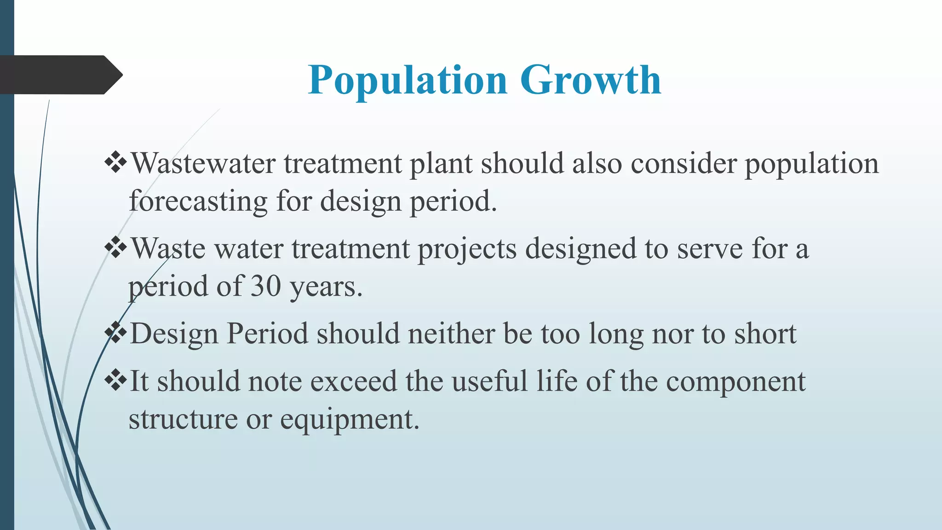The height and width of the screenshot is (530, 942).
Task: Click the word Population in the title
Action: (x=408, y=80)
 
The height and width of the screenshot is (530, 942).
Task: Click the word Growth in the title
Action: (x=591, y=80)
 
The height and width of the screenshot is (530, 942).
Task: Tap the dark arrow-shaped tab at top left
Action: (x=60, y=75)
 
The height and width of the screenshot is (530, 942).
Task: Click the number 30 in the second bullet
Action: (x=265, y=286)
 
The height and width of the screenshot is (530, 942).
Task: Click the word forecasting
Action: (x=198, y=202)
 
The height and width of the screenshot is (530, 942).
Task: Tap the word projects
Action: (x=467, y=249)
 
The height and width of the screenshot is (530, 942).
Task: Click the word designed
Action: (x=580, y=249)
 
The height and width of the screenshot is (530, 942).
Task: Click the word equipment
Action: (x=350, y=420)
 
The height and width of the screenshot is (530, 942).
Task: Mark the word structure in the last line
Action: (x=183, y=420)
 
